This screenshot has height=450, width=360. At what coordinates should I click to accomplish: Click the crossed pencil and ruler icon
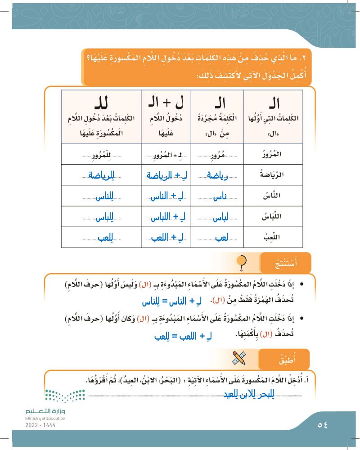[x=238, y=359]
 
